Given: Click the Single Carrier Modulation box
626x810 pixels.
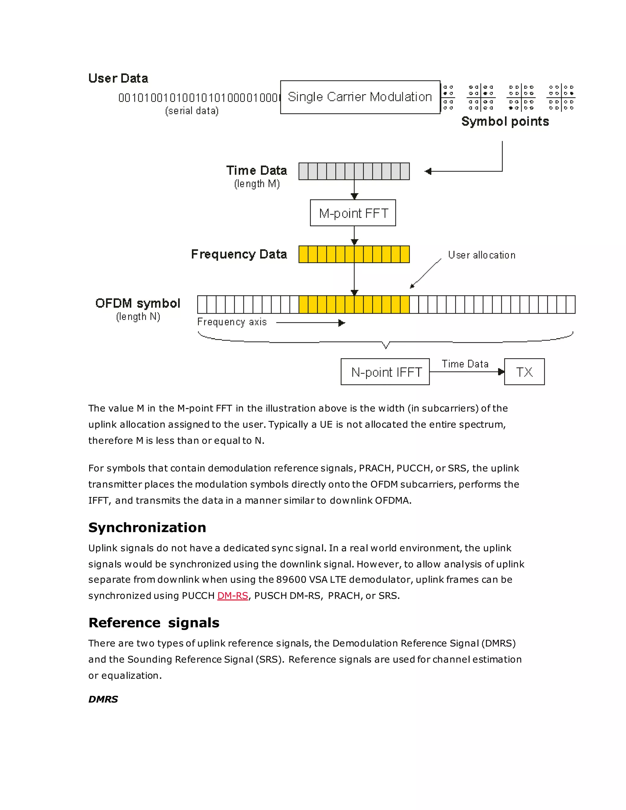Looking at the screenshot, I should pyautogui.click(x=360, y=97).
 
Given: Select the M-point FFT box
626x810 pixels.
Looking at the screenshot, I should pyautogui.click(x=353, y=213).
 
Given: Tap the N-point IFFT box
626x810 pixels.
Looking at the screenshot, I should pyautogui.click(x=385, y=372).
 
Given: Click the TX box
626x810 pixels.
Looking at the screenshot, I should pyautogui.click(x=524, y=372).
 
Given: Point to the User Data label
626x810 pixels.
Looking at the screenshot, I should pyautogui.click(x=118, y=78).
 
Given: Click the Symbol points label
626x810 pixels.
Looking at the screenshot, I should pyautogui.click(x=505, y=121).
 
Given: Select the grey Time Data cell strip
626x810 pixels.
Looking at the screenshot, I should pyautogui.click(x=354, y=171).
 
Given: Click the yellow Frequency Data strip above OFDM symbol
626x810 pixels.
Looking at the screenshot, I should pyautogui.click(x=354, y=254).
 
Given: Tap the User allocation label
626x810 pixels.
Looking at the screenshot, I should pyautogui.click(x=481, y=255).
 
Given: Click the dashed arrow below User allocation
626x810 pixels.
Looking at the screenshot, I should pyautogui.click(x=426, y=274).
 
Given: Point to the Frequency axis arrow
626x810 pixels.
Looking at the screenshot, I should pyautogui.click(x=311, y=323).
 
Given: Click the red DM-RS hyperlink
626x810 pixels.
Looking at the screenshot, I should pyautogui.click(x=233, y=596).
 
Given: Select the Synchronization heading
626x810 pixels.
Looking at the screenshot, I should pyautogui.click(x=147, y=527).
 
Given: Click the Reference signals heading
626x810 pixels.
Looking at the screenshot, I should pyautogui.click(x=153, y=623).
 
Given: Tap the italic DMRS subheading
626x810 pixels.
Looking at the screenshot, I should pyautogui.click(x=103, y=699).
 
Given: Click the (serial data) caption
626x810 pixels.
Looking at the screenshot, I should pyautogui.click(x=192, y=111).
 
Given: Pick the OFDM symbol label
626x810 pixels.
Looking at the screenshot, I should pyautogui.click(x=138, y=304).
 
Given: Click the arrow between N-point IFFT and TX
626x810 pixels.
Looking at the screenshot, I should pyautogui.click(x=466, y=372).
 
